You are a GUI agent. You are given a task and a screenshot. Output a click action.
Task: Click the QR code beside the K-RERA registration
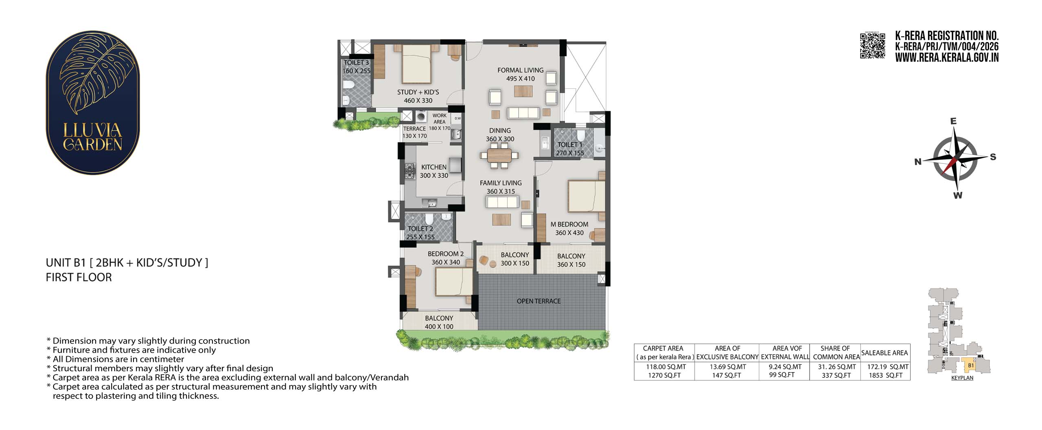click(872, 46)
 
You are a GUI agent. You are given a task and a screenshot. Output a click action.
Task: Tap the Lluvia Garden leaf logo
click(93, 102)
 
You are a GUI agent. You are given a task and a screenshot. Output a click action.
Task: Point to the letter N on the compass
click(918, 162)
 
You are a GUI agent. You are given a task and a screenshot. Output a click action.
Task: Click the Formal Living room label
click(520, 70)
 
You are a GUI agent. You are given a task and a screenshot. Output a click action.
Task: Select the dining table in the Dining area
click(499, 155)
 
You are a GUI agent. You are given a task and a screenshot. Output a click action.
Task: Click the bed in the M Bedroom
click(586, 196)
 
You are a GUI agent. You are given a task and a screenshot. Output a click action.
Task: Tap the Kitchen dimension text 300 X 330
click(434, 176)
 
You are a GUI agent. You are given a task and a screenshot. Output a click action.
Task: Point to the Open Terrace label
click(539, 301)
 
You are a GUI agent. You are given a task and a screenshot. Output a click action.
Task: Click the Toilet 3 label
click(356, 62)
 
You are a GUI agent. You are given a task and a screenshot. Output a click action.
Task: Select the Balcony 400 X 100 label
click(439, 322)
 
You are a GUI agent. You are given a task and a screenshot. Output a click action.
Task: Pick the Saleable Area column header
click(884, 353)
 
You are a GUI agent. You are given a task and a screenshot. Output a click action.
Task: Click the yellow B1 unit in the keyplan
click(971, 365)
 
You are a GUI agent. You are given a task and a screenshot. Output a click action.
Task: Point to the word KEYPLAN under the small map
click(962, 378)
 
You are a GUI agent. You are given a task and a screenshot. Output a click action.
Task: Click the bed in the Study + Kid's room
click(416, 64)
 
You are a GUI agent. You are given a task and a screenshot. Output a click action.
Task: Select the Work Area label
click(440, 119)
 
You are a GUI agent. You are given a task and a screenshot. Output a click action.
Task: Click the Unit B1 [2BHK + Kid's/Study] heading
click(127, 263)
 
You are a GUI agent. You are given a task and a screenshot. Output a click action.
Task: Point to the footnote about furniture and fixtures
click(131, 350)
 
